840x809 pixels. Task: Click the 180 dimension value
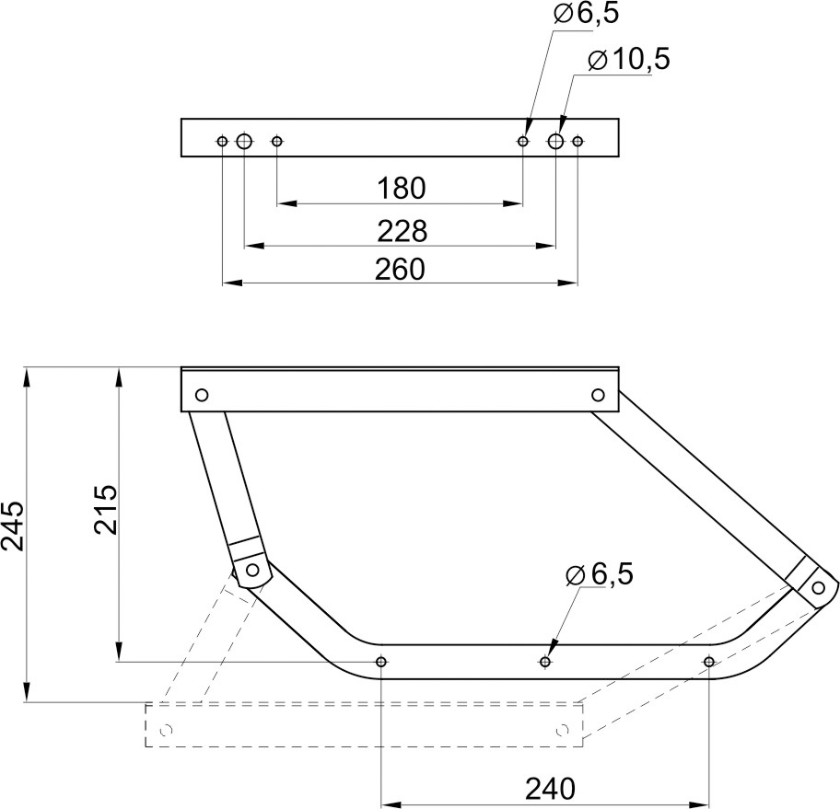[x=402, y=189]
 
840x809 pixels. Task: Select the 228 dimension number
[x=402, y=231]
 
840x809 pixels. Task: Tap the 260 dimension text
[x=400, y=270]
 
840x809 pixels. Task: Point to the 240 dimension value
[x=550, y=789]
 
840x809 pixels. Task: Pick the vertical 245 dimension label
[x=12, y=526]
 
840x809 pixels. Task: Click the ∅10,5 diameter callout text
[x=629, y=59]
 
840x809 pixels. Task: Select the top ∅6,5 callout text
[x=587, y=14]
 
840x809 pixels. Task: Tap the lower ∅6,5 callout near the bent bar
[x=600, y=574]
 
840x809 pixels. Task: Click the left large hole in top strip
[x=244, y=142]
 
